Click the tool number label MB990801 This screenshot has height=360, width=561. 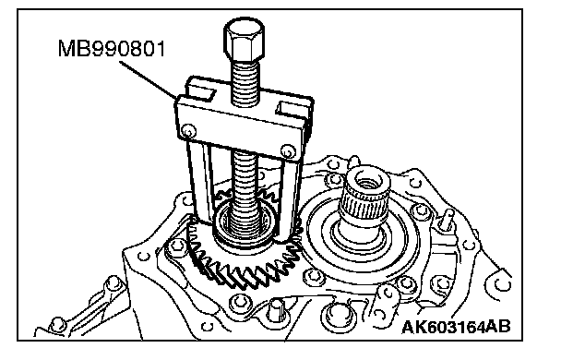point(112,49)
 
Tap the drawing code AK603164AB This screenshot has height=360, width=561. point(457,327)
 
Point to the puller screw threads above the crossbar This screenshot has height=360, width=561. point(245,82)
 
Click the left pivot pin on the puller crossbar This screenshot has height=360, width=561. point(188,131)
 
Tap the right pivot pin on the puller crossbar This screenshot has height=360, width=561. point(287,151)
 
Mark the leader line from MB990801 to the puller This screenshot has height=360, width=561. point(147,79)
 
